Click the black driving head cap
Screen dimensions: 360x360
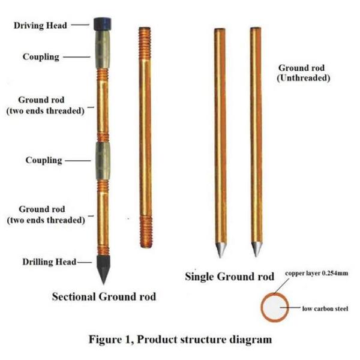click(x=103, y=23)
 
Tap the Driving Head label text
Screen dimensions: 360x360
click(x=41, y=26)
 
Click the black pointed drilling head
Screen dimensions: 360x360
click(x=103, y=272)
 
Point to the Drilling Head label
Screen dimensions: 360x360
click(x=49, y=262)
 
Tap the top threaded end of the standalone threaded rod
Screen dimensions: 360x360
click(x=144, y=41)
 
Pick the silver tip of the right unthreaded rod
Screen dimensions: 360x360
click(x=257, y=248)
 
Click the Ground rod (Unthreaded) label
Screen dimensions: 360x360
click(x=303, y=73)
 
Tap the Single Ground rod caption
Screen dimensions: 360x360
click(x=230, y=277)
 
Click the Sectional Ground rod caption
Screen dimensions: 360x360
click(x=104, y=296)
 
